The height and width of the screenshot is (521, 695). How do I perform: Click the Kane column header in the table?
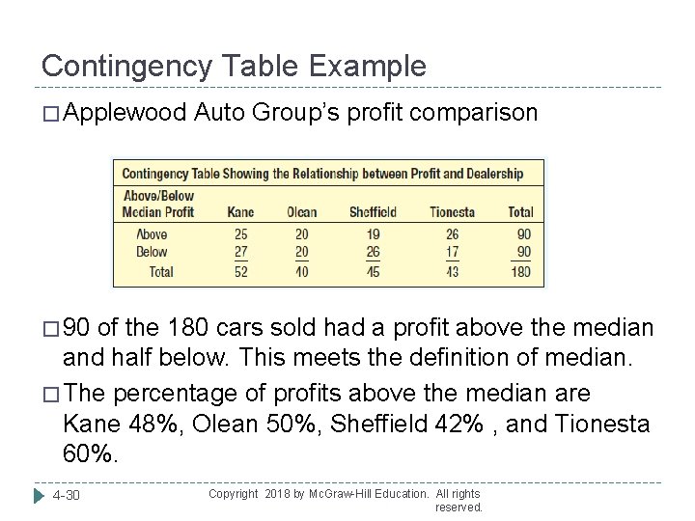click(x=240, y=212)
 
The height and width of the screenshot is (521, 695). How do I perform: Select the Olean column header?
click(x=301, y=212)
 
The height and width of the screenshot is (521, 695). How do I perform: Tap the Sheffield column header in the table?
click(x=372, y=212)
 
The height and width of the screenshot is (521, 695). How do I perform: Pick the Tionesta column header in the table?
click(x=453, y=212)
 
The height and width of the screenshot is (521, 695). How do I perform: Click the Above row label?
click(x=152, y=234)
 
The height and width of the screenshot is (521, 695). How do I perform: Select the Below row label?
click(x=152, y=252)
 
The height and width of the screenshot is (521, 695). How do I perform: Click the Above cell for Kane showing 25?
click(x=240, y=234)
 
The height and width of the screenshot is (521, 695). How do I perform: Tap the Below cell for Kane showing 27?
click(x=240, y=252)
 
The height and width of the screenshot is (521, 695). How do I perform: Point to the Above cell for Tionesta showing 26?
click(x=453, y=234)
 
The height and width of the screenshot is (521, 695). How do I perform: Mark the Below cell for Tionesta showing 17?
click(x=453, y=252)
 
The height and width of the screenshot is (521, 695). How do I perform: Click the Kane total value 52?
click(x=240, y=271)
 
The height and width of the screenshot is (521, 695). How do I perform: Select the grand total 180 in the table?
click(x=519, y=271)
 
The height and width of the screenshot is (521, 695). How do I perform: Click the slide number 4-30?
click(x=68, y=496)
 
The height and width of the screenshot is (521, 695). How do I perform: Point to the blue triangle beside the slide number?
click(x=40, y=496)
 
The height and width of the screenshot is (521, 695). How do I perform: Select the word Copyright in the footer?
click(x=234, y=493)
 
